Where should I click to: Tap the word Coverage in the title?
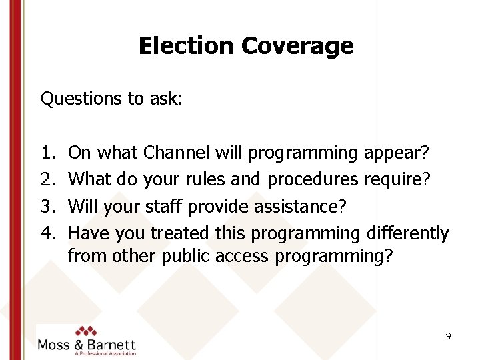[297, 46]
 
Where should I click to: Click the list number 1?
[47, 153]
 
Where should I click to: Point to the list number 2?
[47, 179]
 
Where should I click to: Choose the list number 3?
[47, 206]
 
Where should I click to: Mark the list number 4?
[47, 233]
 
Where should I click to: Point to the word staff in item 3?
[164, 206]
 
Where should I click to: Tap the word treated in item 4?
[180, 233]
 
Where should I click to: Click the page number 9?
[449, 337]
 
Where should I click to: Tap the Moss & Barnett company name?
[87, 345]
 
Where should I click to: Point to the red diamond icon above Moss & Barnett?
[86, 331]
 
